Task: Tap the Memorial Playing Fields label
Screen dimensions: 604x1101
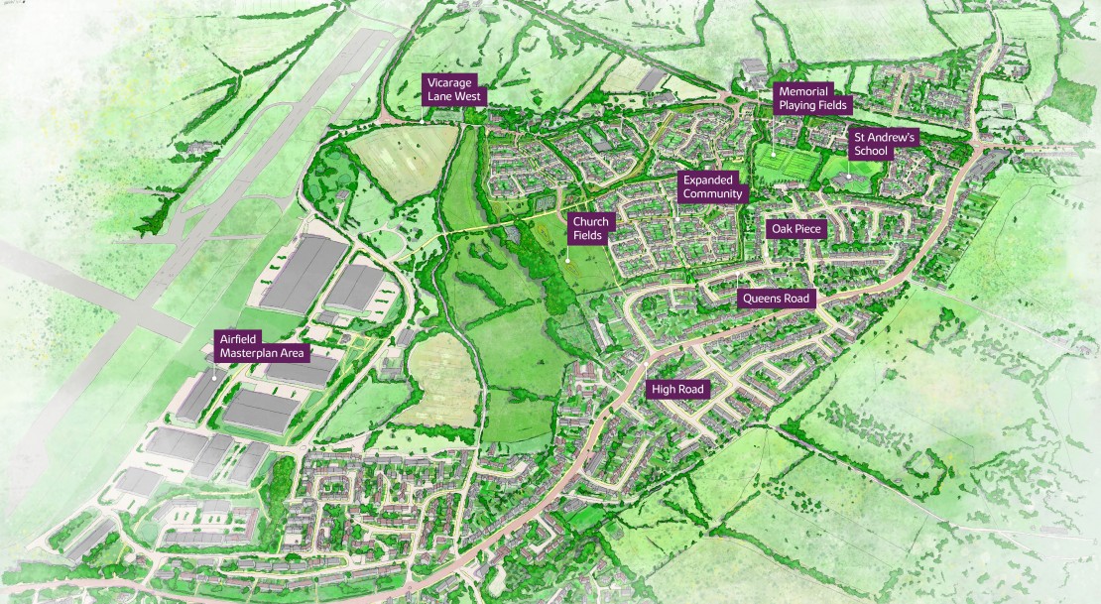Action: [809, 98]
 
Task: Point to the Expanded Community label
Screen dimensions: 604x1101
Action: [712, 186]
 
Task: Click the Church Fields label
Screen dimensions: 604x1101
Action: [589, 229]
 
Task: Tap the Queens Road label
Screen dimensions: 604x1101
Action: [777, 299]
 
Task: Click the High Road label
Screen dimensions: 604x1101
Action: [677, 390]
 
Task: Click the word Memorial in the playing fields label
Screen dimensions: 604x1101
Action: [803, 91]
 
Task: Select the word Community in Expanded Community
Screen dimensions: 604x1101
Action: [712, 194]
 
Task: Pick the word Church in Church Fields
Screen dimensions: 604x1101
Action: [589, 222]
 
